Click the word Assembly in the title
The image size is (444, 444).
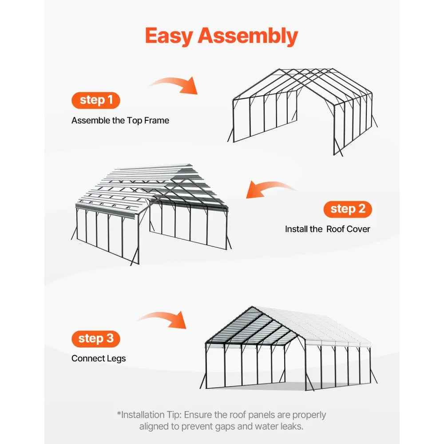(x=248, y=36)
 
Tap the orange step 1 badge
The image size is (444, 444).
(x=96, y=100)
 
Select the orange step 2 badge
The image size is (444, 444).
(x=348, y=209)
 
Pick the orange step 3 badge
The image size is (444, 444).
(x=96, y=339)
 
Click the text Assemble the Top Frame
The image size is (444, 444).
(x=120, y=120)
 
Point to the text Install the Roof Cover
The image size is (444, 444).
(x=327, y=229)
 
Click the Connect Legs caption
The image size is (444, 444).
(x=99, y=358)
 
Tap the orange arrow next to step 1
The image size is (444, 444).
(x=174, y=84)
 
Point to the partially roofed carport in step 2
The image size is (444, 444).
(x=151, y=213)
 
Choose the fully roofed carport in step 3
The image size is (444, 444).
(x=291, y=349)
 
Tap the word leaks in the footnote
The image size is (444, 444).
(x=288, y=427)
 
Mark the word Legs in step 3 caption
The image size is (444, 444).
(x=116, y=358)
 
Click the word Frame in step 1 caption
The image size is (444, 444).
(x=157, y=120)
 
